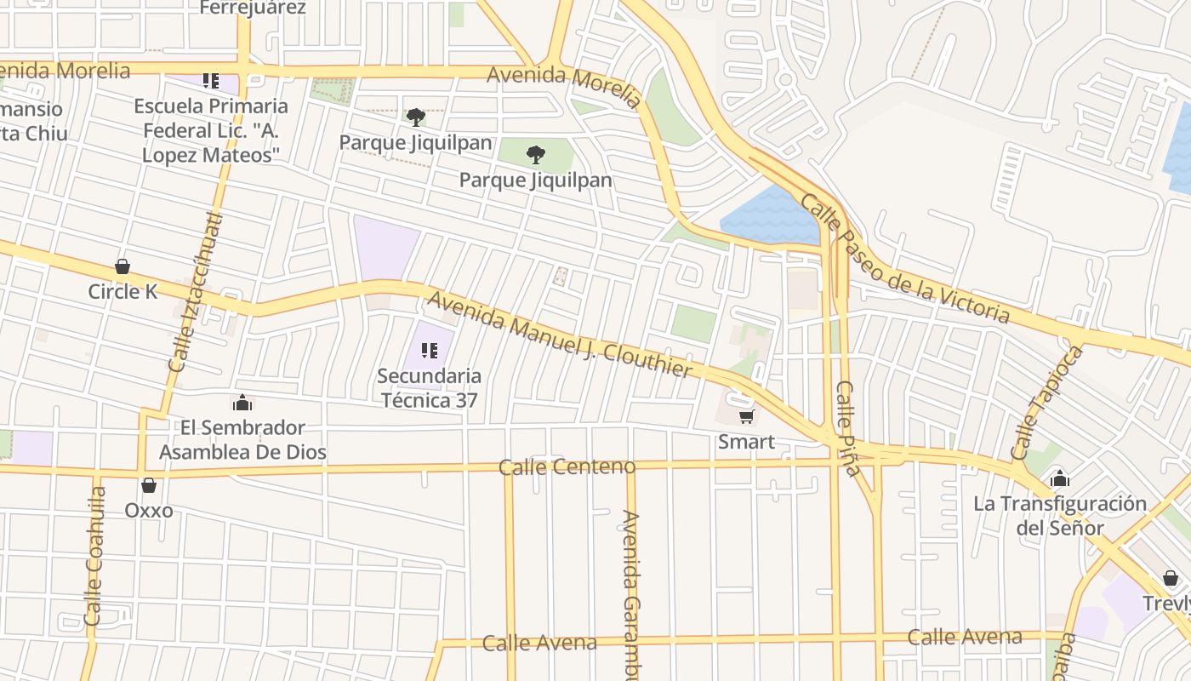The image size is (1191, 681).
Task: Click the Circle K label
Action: coord(123,291)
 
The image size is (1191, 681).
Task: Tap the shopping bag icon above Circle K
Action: coord(123,266)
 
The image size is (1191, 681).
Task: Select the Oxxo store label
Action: coord(149,510)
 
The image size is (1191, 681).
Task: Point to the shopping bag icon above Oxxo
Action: coord(149,485)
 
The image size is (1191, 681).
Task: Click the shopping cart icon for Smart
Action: coord(746,416)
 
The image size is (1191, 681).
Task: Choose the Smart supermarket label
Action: coord(746,442)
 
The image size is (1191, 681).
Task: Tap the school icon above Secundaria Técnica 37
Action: coord(430,350)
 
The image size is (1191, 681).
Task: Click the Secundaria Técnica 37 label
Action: coord(430,387)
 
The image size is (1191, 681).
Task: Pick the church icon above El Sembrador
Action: coord(242,403)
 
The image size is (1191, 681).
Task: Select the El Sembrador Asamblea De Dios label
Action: coord(242,439)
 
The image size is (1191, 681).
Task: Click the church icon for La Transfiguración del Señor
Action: coord(1060,478)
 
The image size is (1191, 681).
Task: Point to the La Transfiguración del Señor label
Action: coord(1060,515)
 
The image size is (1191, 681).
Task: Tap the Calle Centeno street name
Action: coord(567,466)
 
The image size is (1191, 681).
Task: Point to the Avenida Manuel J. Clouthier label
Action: coord(560,335)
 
